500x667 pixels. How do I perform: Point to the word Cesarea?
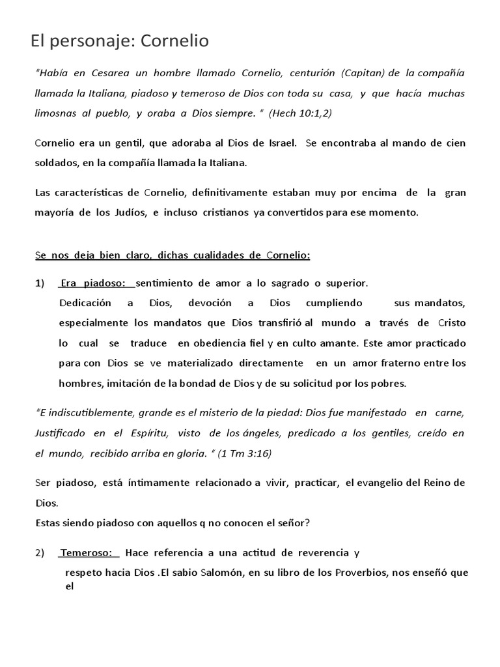tap(97, 73)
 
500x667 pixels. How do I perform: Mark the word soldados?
tap(55, 163)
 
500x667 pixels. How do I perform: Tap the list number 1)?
tap(40, 283)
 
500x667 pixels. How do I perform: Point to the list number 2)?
tap(40, 553)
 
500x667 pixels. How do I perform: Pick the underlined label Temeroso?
tap(90, 553)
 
